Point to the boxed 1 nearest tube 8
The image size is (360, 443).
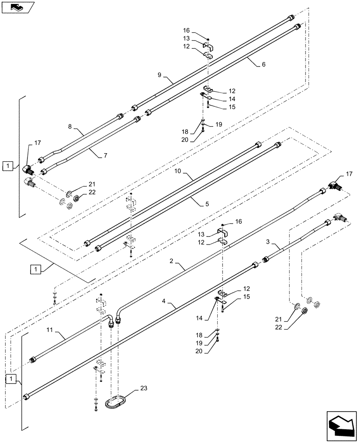pyautogui.click(x=8, y=167)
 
